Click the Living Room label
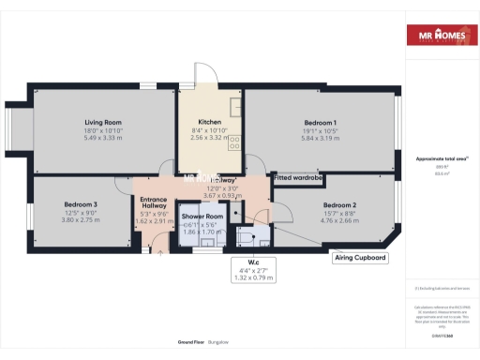pos(104,122)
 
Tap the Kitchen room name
pos(209,122)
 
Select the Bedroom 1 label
pos(320,123)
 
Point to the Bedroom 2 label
pos(340,204)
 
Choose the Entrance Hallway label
pos(153,203)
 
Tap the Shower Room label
pos(201,217)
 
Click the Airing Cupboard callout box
pos(360,258)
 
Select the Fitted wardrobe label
pos(298,177)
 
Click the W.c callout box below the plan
pos(253,269)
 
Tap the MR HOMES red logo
pos(438,37)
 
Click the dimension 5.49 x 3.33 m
pos(104,138)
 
